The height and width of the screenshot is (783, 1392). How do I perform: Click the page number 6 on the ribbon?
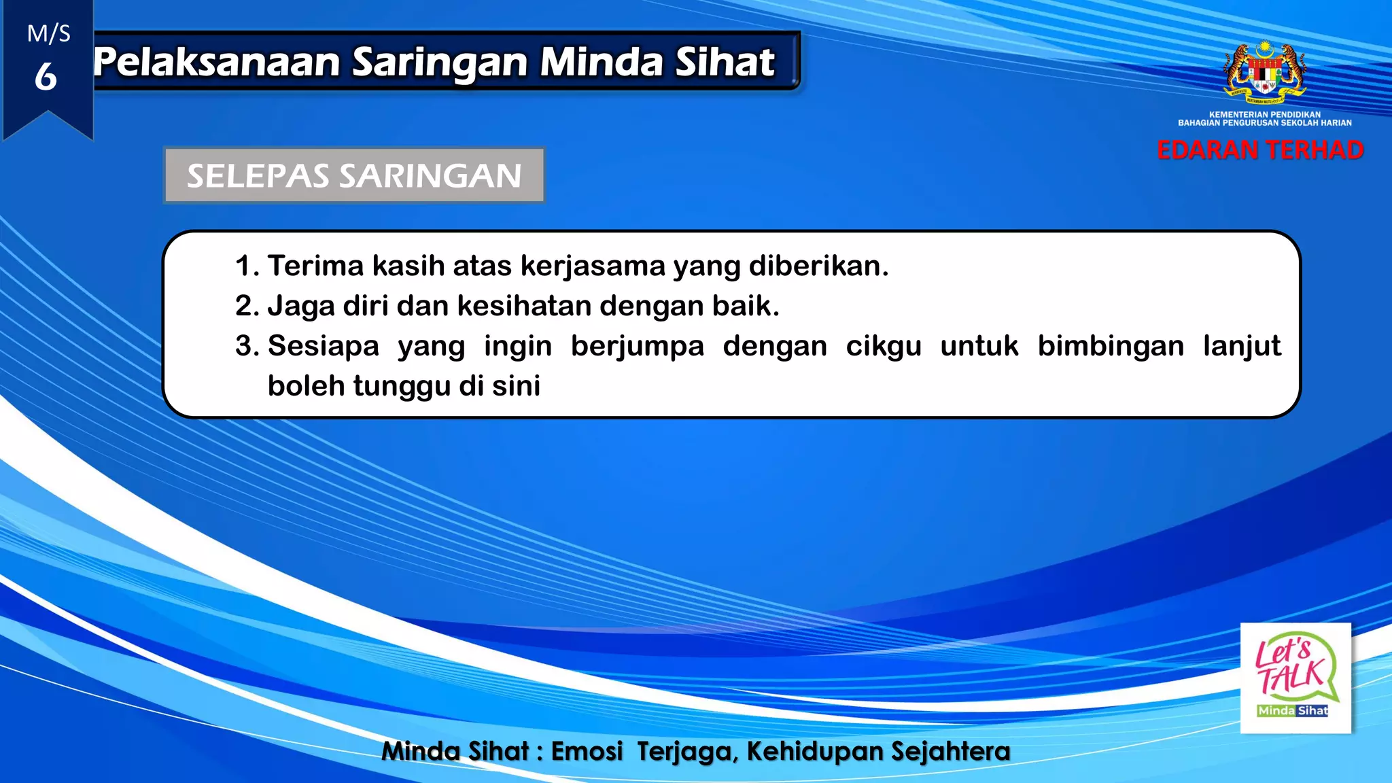click(x=46, y=76)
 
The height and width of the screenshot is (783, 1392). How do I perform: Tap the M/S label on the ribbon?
click(x=48, y=33)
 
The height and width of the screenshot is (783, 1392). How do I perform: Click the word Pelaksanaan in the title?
click(x=216, y=63)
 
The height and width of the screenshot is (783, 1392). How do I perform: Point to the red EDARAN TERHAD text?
click(x=1260, y=150)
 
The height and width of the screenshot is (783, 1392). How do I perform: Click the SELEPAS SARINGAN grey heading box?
click(x=354, y=175)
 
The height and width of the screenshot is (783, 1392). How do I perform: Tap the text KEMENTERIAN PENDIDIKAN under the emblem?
click(x=1265, y=115)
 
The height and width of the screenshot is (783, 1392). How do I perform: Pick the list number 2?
click(x=246, y=306)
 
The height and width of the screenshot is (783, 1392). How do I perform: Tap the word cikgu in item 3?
click(x=884, y=346)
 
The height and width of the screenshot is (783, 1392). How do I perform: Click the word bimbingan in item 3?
click(x=1111, y=346)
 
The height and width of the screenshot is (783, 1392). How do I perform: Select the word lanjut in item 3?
click(x=1242, y=346)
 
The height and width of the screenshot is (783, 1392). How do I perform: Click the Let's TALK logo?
click(x=1295, y=678)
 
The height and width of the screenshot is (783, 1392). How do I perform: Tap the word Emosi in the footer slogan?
click(x=587, y=751)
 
